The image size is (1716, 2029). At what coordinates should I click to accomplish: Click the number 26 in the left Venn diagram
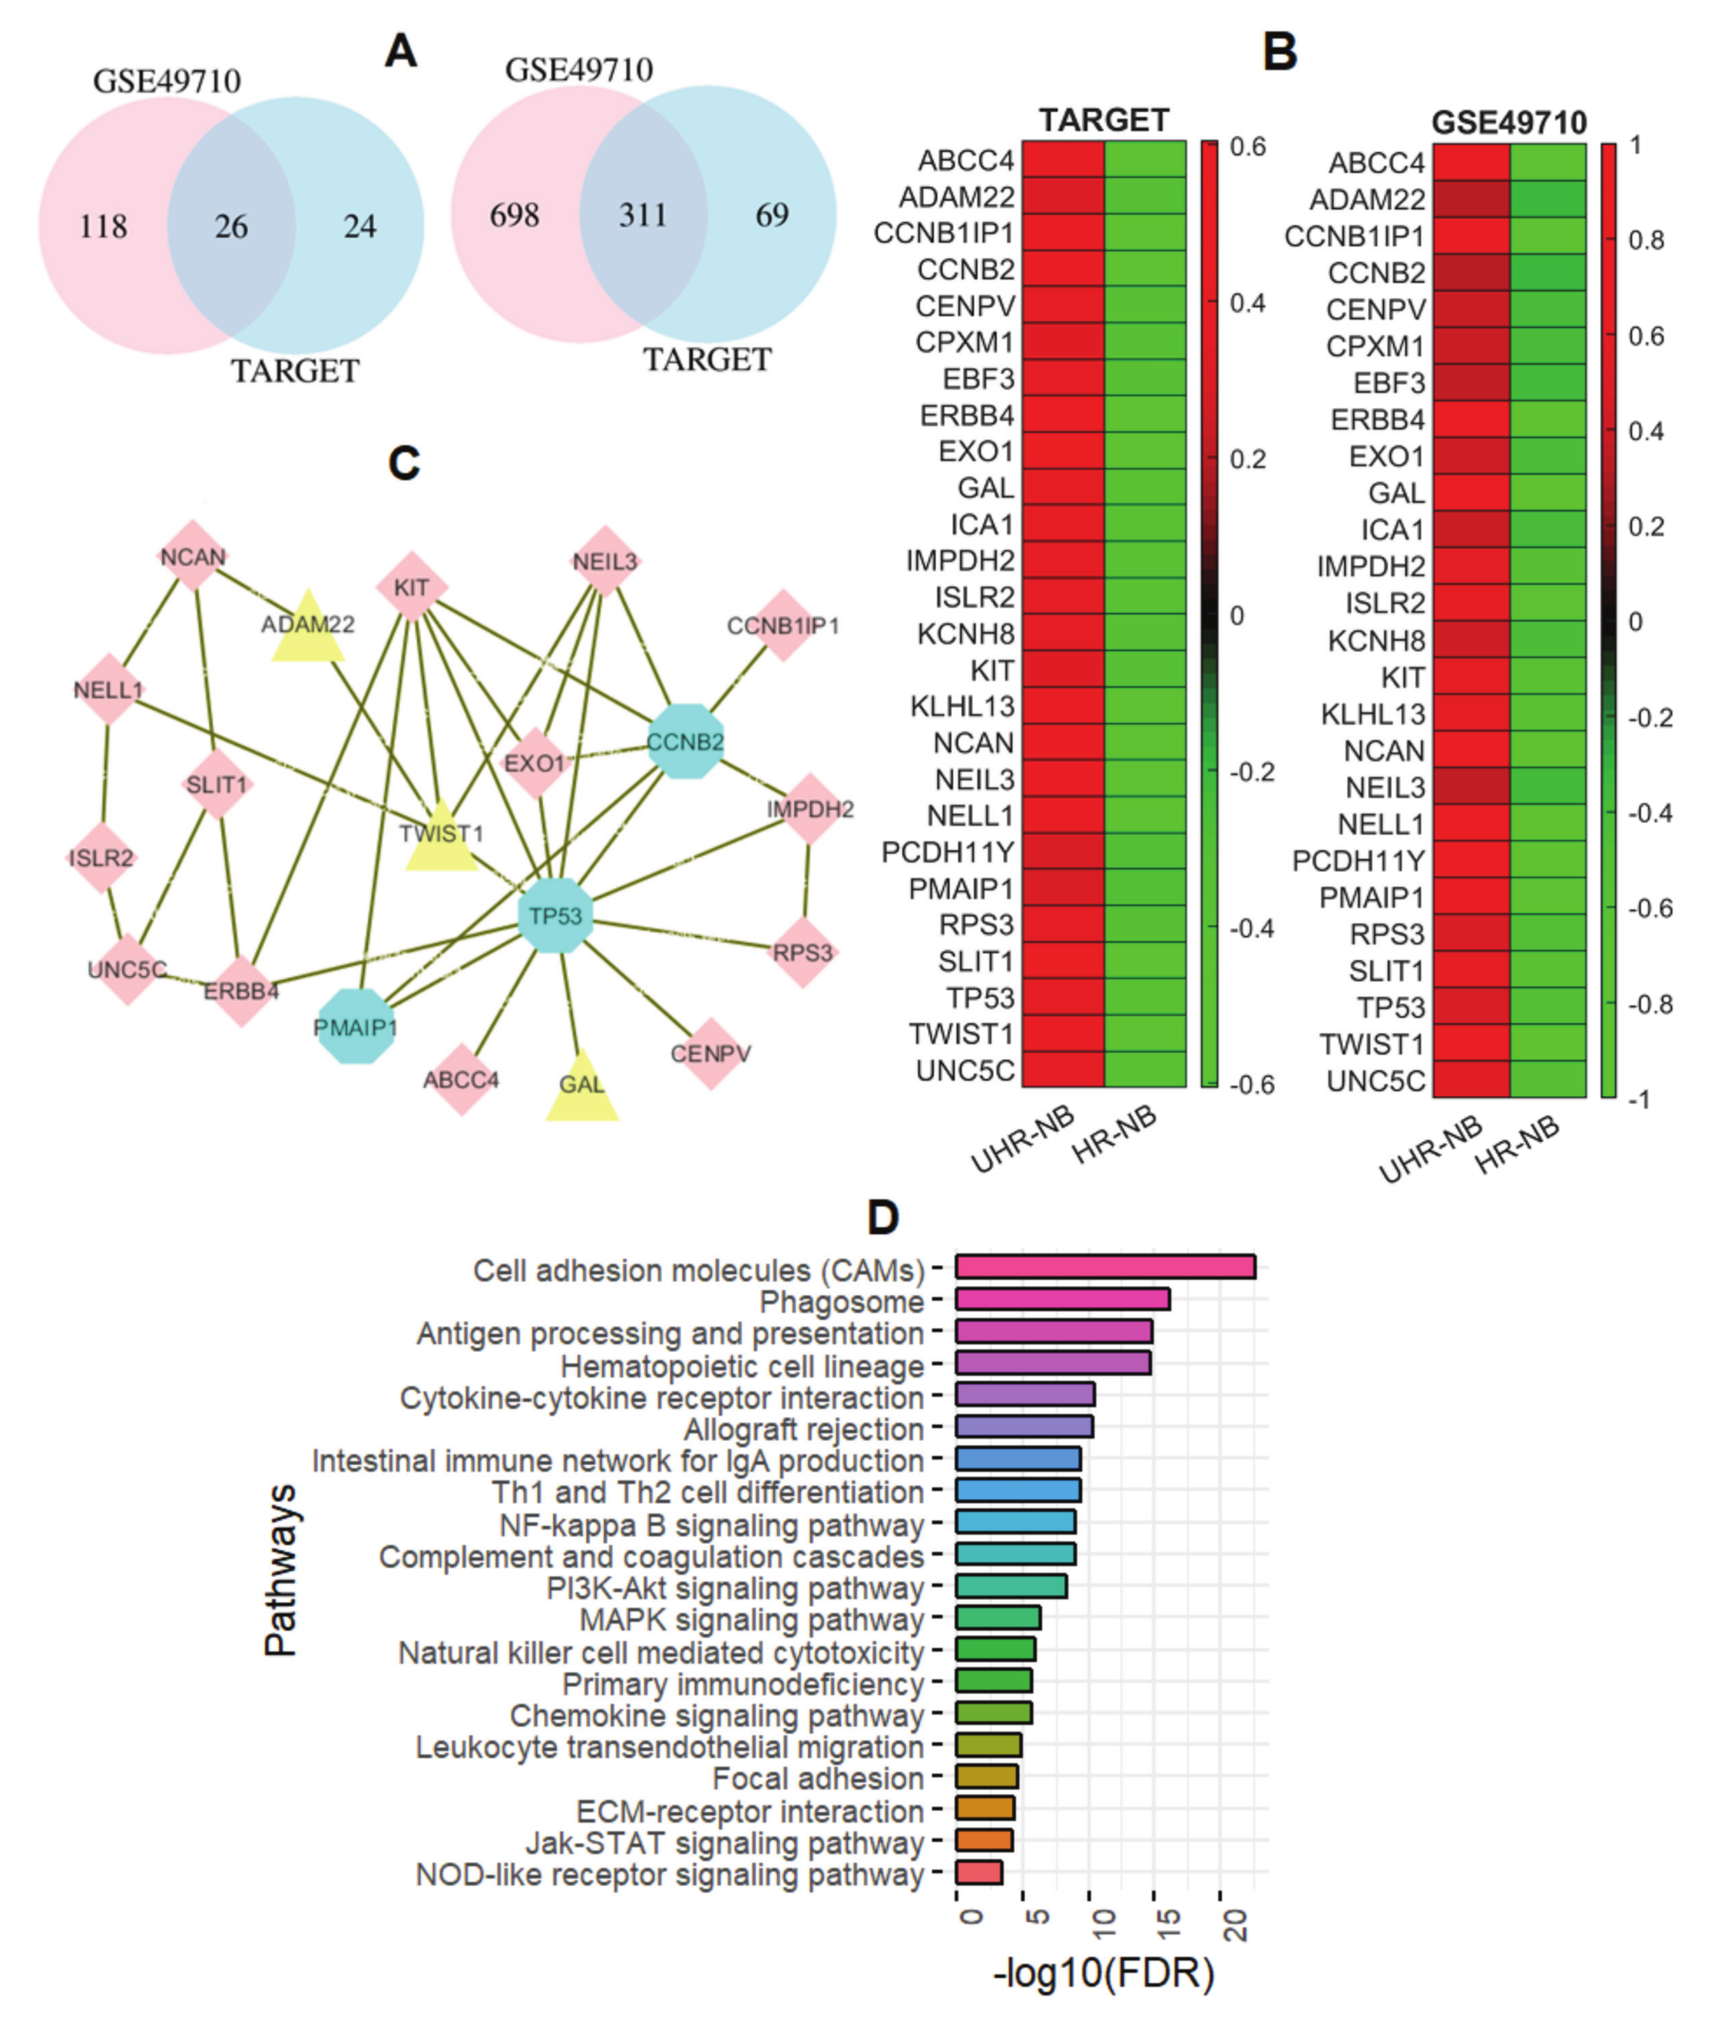231,227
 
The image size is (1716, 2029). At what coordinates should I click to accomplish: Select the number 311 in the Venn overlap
643,215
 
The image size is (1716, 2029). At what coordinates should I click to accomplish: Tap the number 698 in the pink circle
515,215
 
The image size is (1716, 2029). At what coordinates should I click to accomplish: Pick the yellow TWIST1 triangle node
441,837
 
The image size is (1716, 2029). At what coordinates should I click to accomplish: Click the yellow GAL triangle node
581,1088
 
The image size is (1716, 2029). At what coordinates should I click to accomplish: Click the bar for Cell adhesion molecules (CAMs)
1105,1268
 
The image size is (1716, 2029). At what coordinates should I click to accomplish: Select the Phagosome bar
1062,1300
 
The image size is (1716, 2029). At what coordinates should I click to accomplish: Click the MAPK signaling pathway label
751,1620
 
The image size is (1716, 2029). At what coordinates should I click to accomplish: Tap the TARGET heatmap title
1103,121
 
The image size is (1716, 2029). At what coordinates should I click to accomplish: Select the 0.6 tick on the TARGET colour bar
1248,147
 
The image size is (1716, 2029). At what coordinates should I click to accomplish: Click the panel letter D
882,1217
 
